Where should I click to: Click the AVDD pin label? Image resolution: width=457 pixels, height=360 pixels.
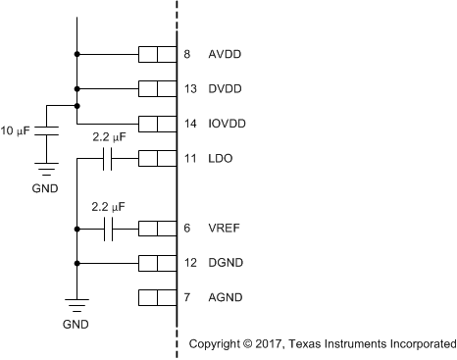pyautogui.click(x=226, y=55)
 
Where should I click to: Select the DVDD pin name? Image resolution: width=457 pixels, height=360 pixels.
pyautogui.click(x=226, y=89)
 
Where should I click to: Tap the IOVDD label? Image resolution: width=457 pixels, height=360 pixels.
pyautogui.click(x=228, y=124)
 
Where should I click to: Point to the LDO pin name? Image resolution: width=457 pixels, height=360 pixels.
pyautogui.click(x=222, y=159)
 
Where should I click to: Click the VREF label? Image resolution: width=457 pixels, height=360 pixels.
pyautogui.click(x=225, y=229)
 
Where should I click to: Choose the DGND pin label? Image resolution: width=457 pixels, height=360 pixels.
pyautogui.click(x=227, y=263)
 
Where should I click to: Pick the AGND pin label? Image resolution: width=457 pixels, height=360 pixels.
pyautogui.click(x=227, y=297)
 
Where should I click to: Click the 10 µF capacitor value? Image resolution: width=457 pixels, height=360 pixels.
pyautogui.click(x=19, y=130)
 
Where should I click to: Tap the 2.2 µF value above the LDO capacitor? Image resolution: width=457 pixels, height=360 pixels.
pyautogui.click(x=109, y=138)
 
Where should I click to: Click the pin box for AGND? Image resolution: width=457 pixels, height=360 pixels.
pyautogui.click(x=157, y=297)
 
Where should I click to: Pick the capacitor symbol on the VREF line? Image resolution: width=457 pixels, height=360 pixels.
pyautogui.click(x=110, y=229)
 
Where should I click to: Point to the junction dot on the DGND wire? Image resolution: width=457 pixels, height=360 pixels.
pyautogui.click(x=76, y=263)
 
